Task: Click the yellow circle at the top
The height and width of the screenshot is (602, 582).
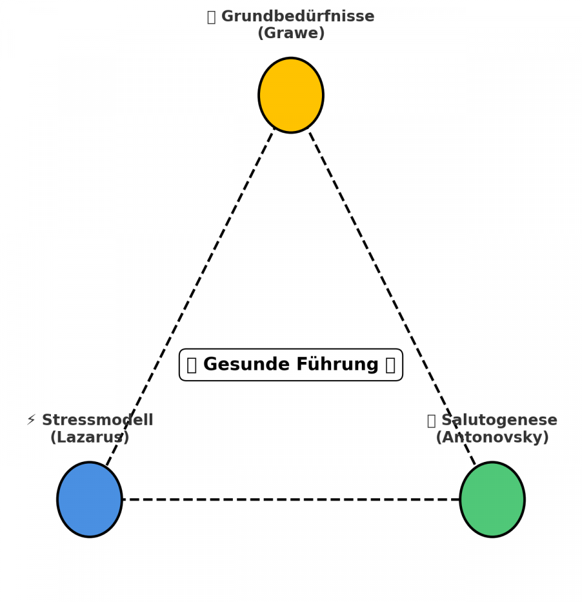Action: click(291, 95)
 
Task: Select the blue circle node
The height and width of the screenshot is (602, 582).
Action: click(90, 500)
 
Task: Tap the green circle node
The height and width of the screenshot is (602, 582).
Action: click(492, 500)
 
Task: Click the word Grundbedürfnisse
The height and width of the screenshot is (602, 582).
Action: click(298, 17)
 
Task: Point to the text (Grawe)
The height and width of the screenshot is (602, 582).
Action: click(291, 33)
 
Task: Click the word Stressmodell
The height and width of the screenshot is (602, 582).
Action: click(97, 421)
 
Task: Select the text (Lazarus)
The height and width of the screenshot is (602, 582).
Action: click(90, 438)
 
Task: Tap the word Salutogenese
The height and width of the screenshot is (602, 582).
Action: click(499, 421)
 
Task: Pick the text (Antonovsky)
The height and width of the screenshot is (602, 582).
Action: click(492, 438)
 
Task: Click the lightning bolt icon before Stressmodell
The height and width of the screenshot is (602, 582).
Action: click(32, 421)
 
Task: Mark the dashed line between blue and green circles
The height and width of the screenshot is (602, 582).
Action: click(291, 500)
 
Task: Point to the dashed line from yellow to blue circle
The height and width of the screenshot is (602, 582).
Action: click(191, 297)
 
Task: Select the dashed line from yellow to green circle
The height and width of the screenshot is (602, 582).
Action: click(391, 297)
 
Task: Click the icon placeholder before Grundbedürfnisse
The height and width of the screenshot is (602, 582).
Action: click(212, 17)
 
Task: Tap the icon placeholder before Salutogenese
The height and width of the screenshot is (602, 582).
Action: click(432, 421)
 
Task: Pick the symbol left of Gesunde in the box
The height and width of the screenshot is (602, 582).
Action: click(192, 365)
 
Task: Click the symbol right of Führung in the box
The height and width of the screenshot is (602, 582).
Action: click(390, 365)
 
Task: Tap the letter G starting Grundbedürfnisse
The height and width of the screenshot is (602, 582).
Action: click(227, 17)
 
